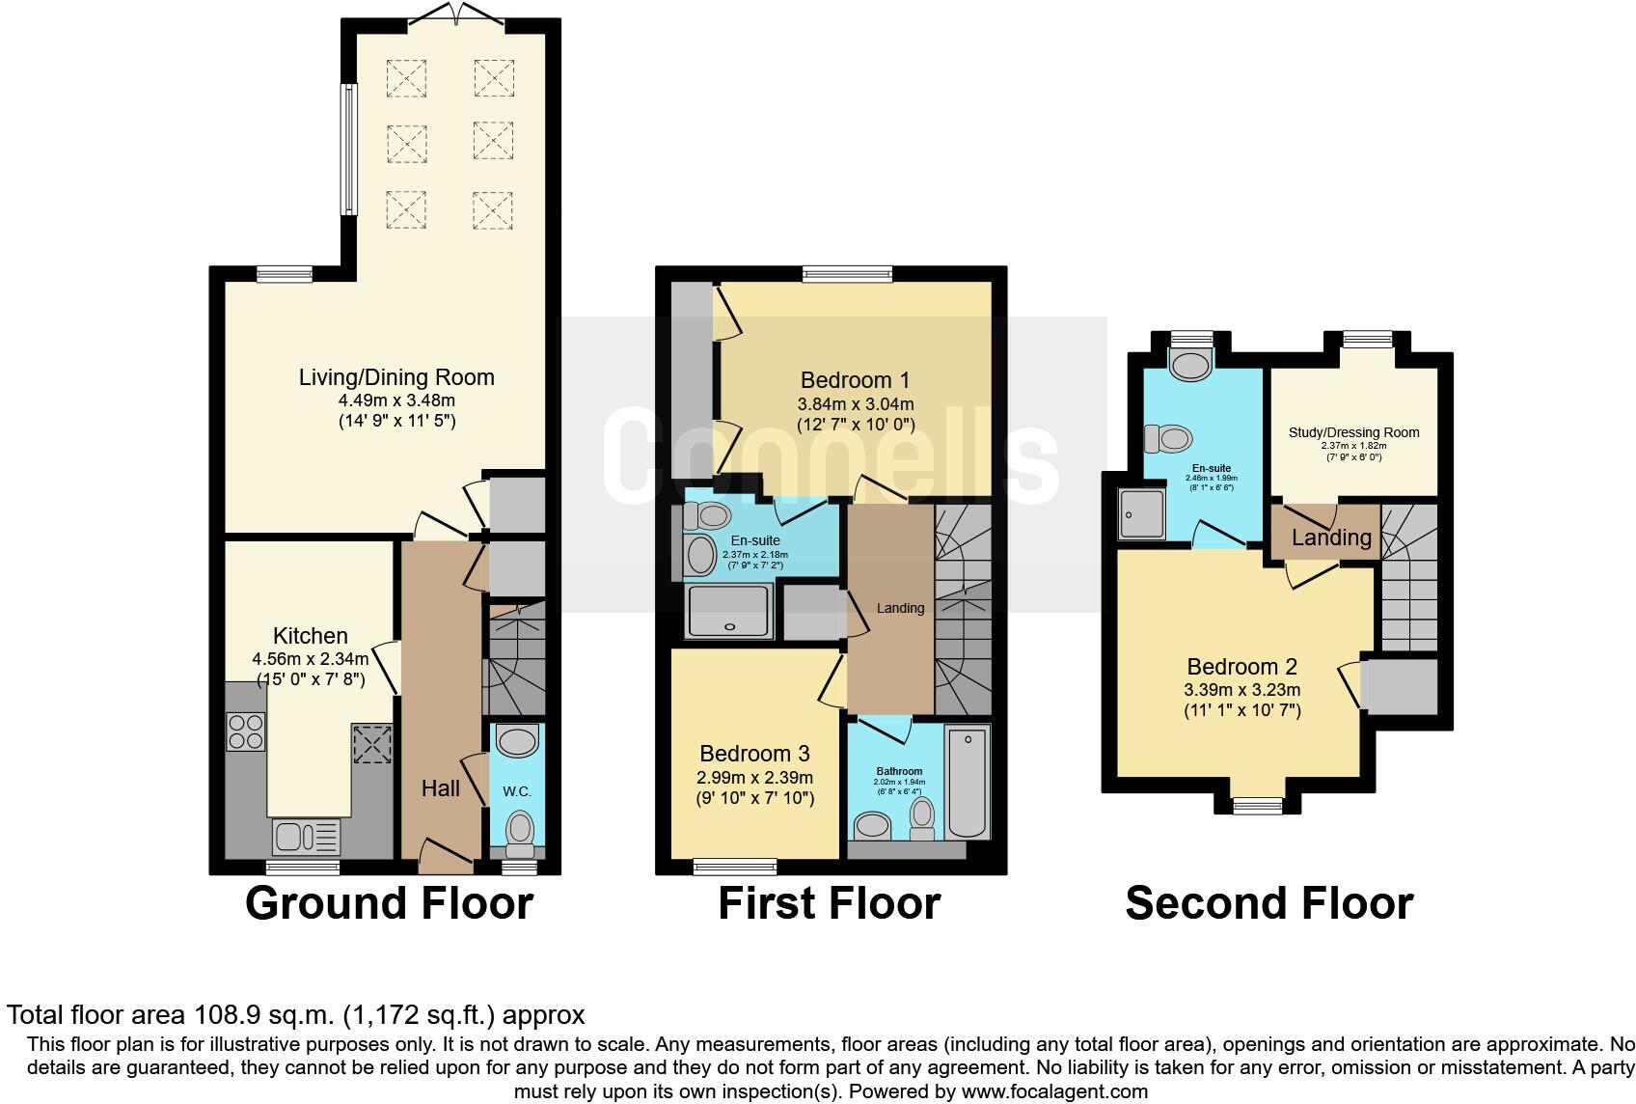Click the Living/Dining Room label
click(396, 377)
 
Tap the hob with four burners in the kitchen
click(245, 731)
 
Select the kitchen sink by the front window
click(306, 837)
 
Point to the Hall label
click(441, 788)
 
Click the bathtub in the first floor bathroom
click(968, 783)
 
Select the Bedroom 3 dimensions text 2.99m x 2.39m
click(754, 777)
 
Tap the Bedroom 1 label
click(855, 379)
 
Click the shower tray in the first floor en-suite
click(729, 611)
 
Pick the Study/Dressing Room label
click(1353, 432)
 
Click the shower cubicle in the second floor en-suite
click(1141, 512)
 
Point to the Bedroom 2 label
click(1241, 666)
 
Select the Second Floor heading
click(1268, 903)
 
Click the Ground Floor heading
click(389, 903)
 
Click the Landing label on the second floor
click(1331, 538)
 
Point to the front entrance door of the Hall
click(442, 855)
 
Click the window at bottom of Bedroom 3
click(735, 867)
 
